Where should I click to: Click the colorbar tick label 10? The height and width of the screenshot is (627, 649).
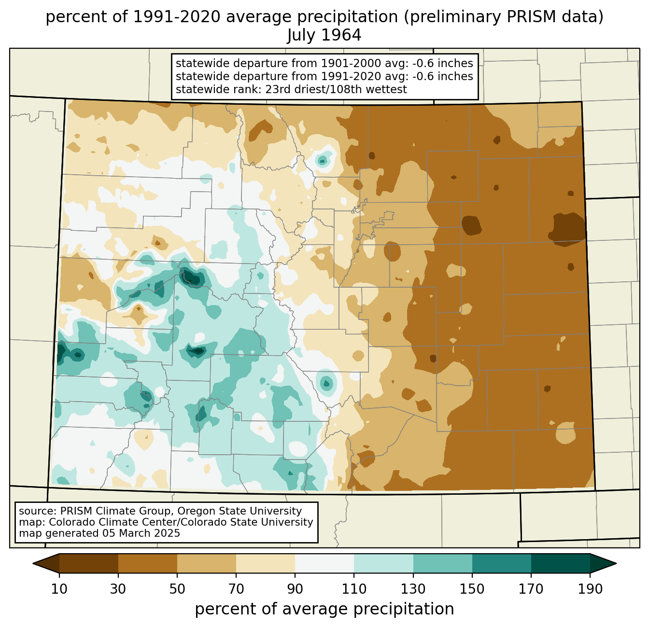[59, 589]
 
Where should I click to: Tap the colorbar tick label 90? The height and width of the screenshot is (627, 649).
[295, 589]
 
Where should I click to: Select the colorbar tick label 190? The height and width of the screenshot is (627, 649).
[590, 589]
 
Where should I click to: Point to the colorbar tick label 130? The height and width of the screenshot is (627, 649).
[413, 589]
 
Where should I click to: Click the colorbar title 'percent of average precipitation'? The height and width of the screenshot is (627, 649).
[324, 609]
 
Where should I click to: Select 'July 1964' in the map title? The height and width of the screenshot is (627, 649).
[324, 35]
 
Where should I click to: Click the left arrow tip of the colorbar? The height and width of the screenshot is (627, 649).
[33, 563]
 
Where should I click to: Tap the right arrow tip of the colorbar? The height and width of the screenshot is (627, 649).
[616, 563]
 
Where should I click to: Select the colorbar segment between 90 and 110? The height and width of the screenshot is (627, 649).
[324, 563]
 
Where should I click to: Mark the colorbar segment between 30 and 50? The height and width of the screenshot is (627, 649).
[148, 563]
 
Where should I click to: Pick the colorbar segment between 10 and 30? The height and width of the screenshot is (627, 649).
[89, 563]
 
